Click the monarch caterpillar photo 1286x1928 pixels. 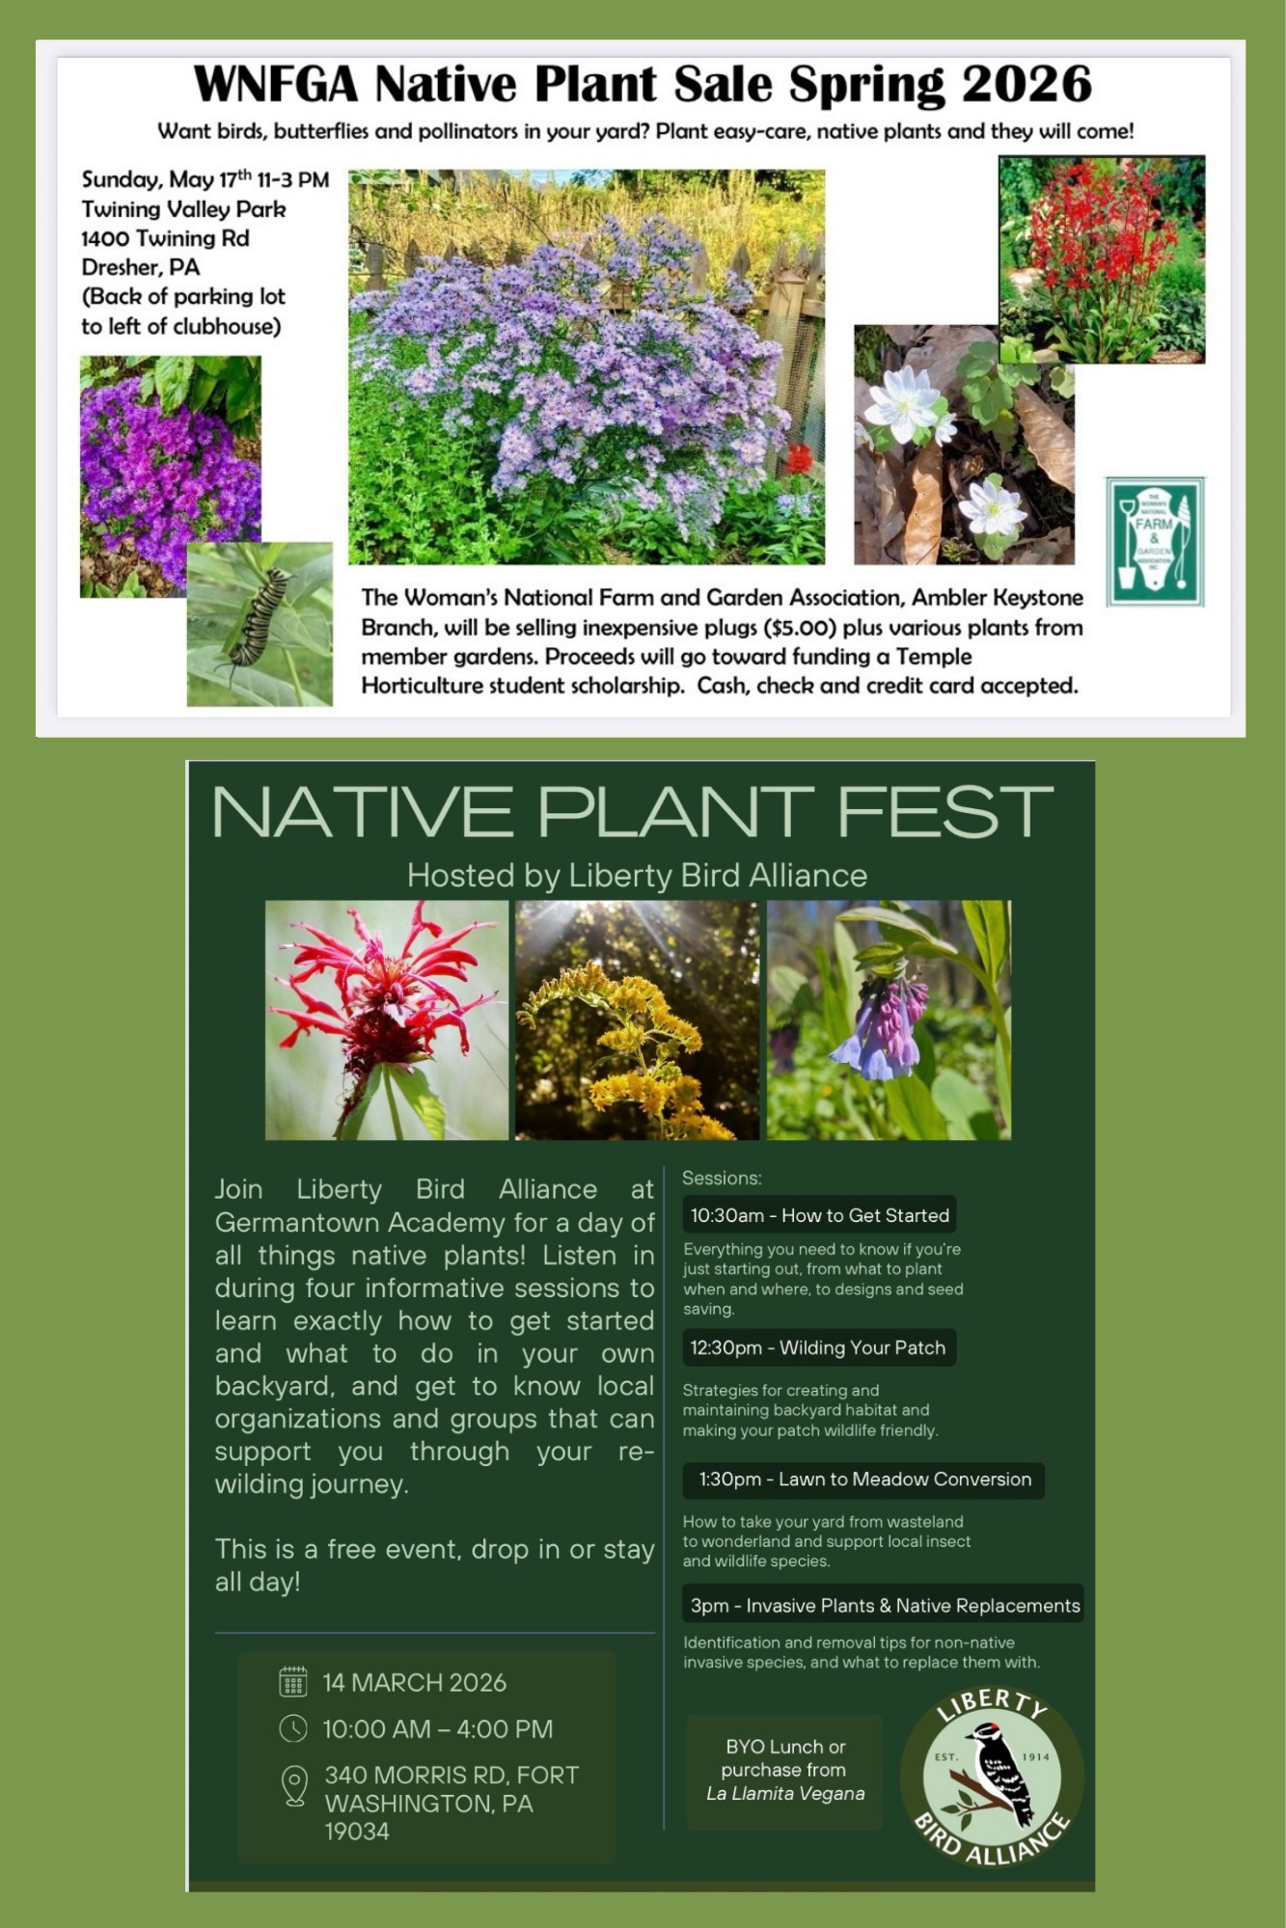[259, 623]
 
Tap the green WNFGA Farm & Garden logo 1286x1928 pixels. [1154, 541]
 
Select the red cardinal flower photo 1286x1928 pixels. [1102, 258]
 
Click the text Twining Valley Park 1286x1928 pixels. [183, 209]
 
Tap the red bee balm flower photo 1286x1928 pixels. [386, 1019]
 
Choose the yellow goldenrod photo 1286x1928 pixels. [637, 1019]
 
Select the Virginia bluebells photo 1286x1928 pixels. [889, 1019]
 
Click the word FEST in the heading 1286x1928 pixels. [944, 812]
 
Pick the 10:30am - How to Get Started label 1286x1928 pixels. [819, 1215]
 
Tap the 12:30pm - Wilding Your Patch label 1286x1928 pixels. [818, 1347]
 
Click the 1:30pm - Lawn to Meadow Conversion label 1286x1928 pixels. [864, 1480]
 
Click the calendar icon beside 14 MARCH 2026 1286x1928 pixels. [293, 1681]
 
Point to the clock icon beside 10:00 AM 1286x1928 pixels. [293, 1728]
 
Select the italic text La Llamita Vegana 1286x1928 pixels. [785, 1793]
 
